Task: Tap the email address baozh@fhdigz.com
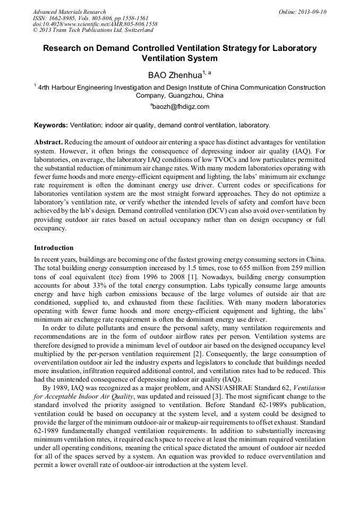(180, 106)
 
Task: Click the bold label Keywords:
(51, 125)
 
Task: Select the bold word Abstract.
(48, 143)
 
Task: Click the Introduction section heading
(54, 248)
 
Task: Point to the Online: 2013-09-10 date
(303, 11)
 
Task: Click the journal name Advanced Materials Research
(69, 11)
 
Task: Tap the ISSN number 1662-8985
(64, 18)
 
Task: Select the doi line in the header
(95, 24)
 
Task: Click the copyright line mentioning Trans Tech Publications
(93, 30)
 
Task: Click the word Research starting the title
(63, 48)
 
